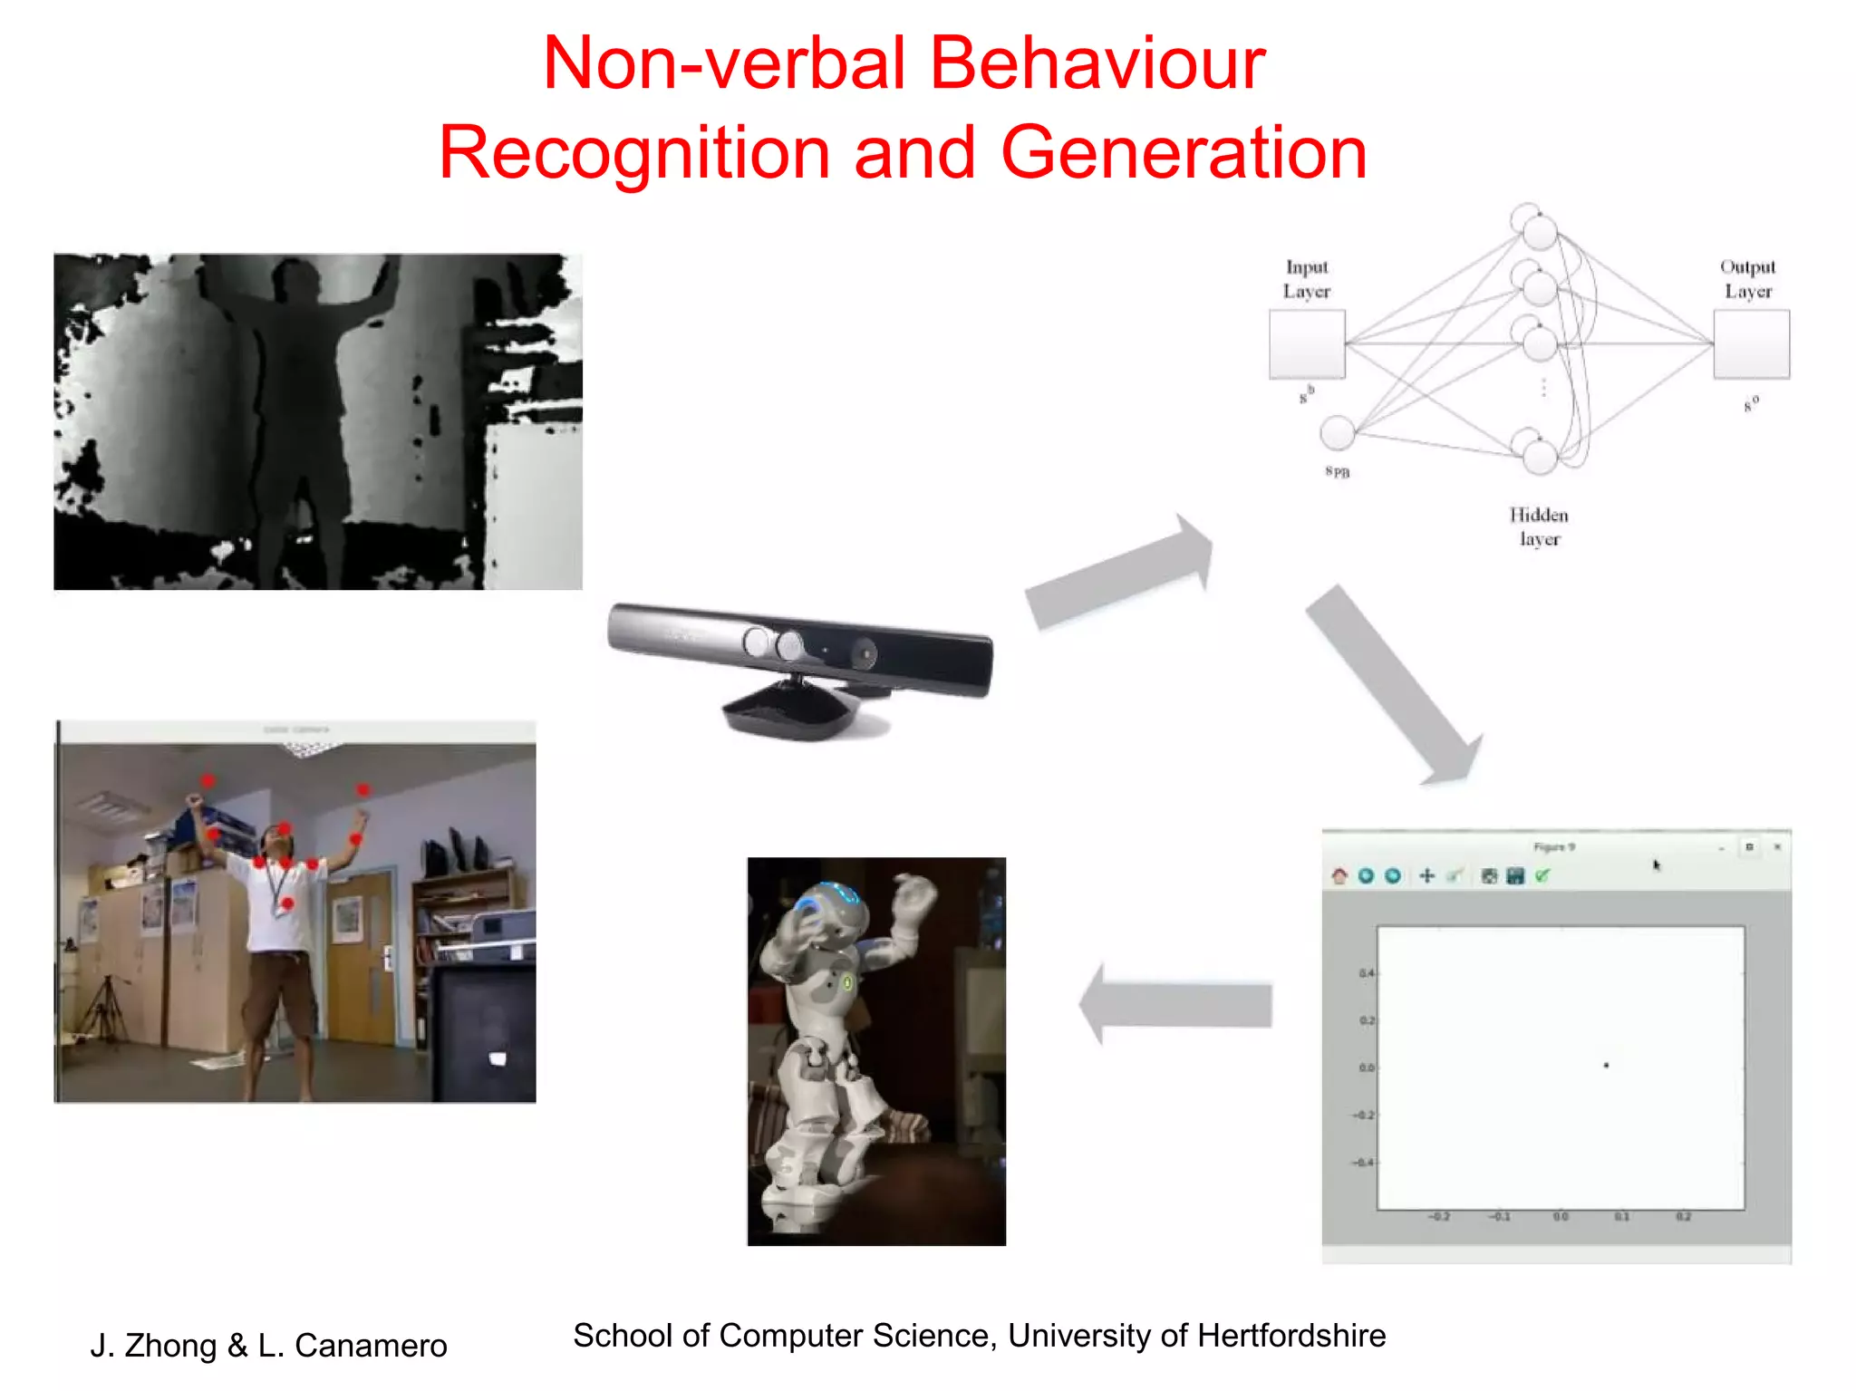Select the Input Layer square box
(x=1306, y=344)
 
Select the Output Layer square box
(x=1750, y=344)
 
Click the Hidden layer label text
(x=1539, y=526)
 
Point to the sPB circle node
(x=1338, y=433)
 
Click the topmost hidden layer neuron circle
(x=1539, y=232)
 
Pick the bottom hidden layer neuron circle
(x=1539, y=456)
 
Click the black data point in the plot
(x=1606, y=1066)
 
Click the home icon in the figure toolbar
(x=1339, y=875)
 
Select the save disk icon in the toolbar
(x=1514, y=875)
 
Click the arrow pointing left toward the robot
(x=1178, y=1004)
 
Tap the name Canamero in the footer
(x=371, y=1346)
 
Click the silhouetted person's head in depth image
(x=295, y=281)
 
